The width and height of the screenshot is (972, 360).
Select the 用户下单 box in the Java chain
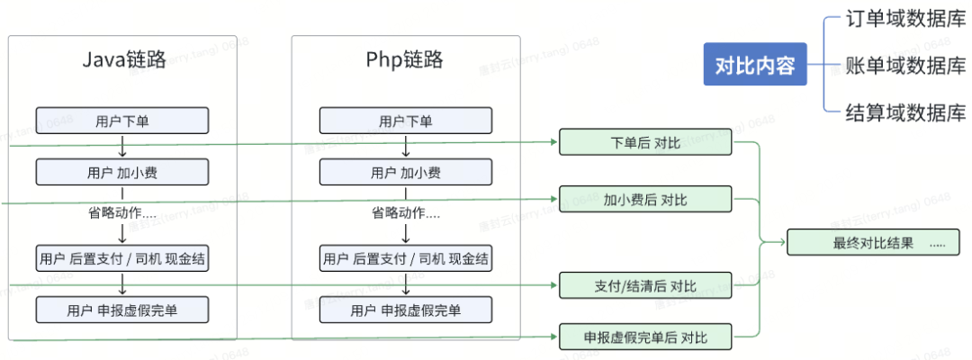[x=122, y=121]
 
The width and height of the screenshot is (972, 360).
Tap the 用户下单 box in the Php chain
[x=405, y=121]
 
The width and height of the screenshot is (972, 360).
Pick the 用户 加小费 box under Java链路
[x=122, y=172]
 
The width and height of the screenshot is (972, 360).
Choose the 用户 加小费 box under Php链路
[x=405, y=172]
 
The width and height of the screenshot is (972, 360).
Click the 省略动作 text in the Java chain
[x=122, y=213]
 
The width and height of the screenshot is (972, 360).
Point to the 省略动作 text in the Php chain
[x=406, y=213]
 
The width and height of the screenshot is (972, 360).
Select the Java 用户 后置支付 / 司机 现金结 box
[x=122, y=259]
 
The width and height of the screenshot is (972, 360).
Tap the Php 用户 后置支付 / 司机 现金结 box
[x=405, y=259]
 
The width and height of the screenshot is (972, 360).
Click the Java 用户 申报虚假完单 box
[x=122, y=310]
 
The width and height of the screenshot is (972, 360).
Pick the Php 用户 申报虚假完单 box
[x=405, y=310]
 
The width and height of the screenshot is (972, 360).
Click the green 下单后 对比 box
[x=645, y=142]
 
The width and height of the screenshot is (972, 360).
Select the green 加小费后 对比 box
[x=645, y=198]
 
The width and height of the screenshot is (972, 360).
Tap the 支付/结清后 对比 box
[x=645, y=286]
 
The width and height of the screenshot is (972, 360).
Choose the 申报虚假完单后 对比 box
[x=645, y=337]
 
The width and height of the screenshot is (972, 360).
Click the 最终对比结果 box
[x=873, y=242]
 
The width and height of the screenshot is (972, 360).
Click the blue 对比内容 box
[x=755, y=66]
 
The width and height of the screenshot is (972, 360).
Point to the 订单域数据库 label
[x=904, y=20]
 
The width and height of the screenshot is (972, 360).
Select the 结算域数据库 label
[x=904, y=112]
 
